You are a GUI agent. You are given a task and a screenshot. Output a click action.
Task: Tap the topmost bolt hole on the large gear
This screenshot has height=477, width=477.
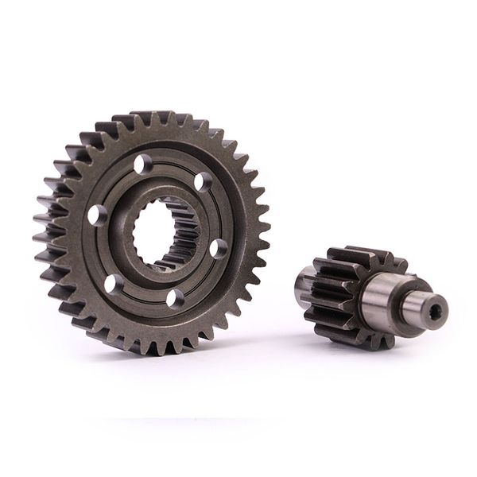[x=142, y=165]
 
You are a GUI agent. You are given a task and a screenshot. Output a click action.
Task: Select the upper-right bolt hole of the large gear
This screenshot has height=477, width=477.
[x=203, y=182]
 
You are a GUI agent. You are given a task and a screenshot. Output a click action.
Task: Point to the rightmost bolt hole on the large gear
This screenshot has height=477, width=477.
[x=217, y=248]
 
